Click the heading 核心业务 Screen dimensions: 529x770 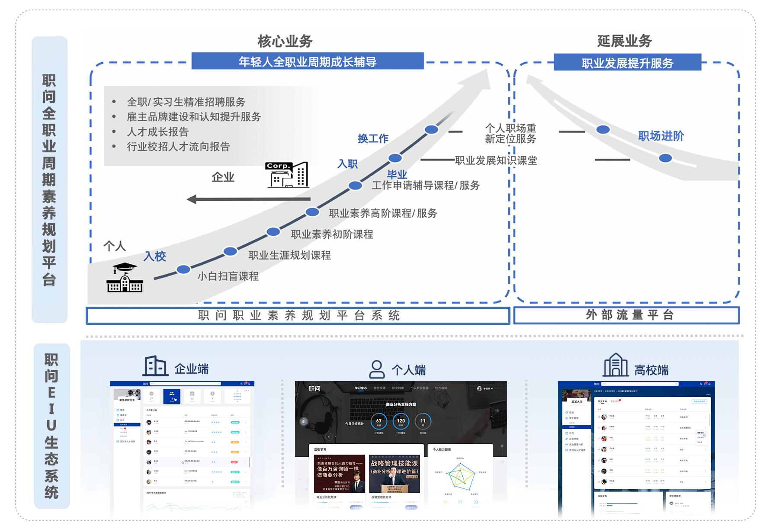click(285, 41)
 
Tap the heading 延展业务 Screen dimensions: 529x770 click(624, 41)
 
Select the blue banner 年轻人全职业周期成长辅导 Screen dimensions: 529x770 click(307, 61)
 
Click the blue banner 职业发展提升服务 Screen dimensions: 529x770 click(627, 63)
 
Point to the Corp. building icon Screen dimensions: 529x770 click(287, 175)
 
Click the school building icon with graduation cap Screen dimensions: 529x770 click(125, 278)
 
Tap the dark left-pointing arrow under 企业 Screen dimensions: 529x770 click(248, 199)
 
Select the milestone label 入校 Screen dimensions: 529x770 click(154, 256)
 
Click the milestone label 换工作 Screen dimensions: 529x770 click(373, 138)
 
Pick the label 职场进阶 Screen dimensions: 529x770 click(661, 136)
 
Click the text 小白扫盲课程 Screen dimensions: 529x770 click(228, 276)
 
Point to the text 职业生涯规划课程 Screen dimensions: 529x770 click(289, 255)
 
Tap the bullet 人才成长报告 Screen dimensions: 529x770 click(158, 131)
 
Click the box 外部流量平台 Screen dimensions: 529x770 click(626, 315)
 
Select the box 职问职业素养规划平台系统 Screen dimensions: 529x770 click(298, 315)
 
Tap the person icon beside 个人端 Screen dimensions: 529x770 click(376, 369)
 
